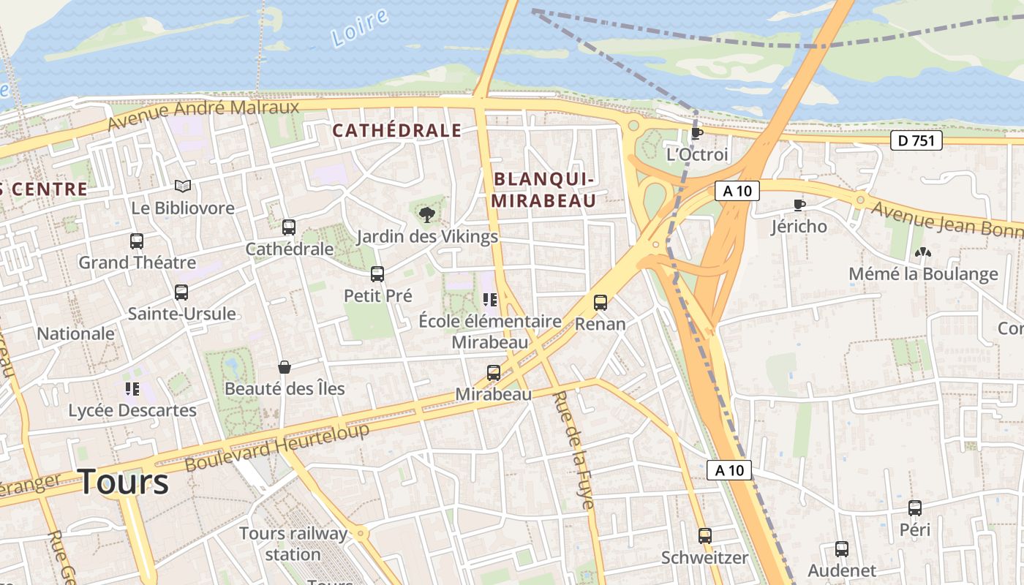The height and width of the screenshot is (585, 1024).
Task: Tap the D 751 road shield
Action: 916,140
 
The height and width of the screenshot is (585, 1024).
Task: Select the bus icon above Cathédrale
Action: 289,227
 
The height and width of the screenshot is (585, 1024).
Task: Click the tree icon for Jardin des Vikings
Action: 426,214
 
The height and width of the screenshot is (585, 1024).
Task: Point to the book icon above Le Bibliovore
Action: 183,186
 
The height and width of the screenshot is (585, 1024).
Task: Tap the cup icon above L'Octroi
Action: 696,133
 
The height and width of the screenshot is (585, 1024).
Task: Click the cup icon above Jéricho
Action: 799,205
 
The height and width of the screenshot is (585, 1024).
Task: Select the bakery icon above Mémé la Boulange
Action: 923,252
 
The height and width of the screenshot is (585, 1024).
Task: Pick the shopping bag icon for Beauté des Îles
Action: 285,366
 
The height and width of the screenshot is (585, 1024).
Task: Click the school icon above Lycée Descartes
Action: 132,388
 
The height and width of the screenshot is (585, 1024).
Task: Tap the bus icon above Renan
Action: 601,302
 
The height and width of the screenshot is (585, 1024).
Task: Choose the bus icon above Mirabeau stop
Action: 494,373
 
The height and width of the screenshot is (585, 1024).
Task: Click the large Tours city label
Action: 124,482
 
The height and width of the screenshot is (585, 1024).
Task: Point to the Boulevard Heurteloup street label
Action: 277,447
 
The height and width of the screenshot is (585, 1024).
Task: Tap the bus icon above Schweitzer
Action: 705,536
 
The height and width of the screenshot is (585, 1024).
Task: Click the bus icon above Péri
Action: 915,508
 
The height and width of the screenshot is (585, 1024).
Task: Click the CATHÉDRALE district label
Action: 396,131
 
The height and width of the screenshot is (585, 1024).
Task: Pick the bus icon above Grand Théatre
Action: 137,241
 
